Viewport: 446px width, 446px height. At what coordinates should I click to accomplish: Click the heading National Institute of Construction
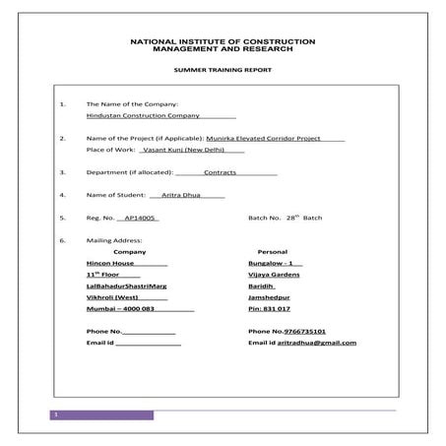pyautogui.click(x=223, y=42)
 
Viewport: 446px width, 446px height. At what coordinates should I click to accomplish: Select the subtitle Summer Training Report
pyautogui.click(x=223, y=72)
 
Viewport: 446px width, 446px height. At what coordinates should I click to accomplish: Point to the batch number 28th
pyautogui.click(x=290, y=218)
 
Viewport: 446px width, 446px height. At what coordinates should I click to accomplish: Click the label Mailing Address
pyautogui.click(x=115, y=240)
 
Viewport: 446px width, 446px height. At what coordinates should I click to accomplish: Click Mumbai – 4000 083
pyautogui.click(x=121, y=309)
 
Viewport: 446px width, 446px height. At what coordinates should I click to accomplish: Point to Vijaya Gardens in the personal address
pyautogui.click(x=276, y=275)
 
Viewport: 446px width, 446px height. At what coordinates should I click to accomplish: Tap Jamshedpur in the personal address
pyautogui.click(x=272, y=297)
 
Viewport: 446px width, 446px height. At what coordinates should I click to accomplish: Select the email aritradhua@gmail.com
pyautogui.click(x=316, y=343)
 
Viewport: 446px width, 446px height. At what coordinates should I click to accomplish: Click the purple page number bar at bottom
pyautogui.click(x=102, y=415)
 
